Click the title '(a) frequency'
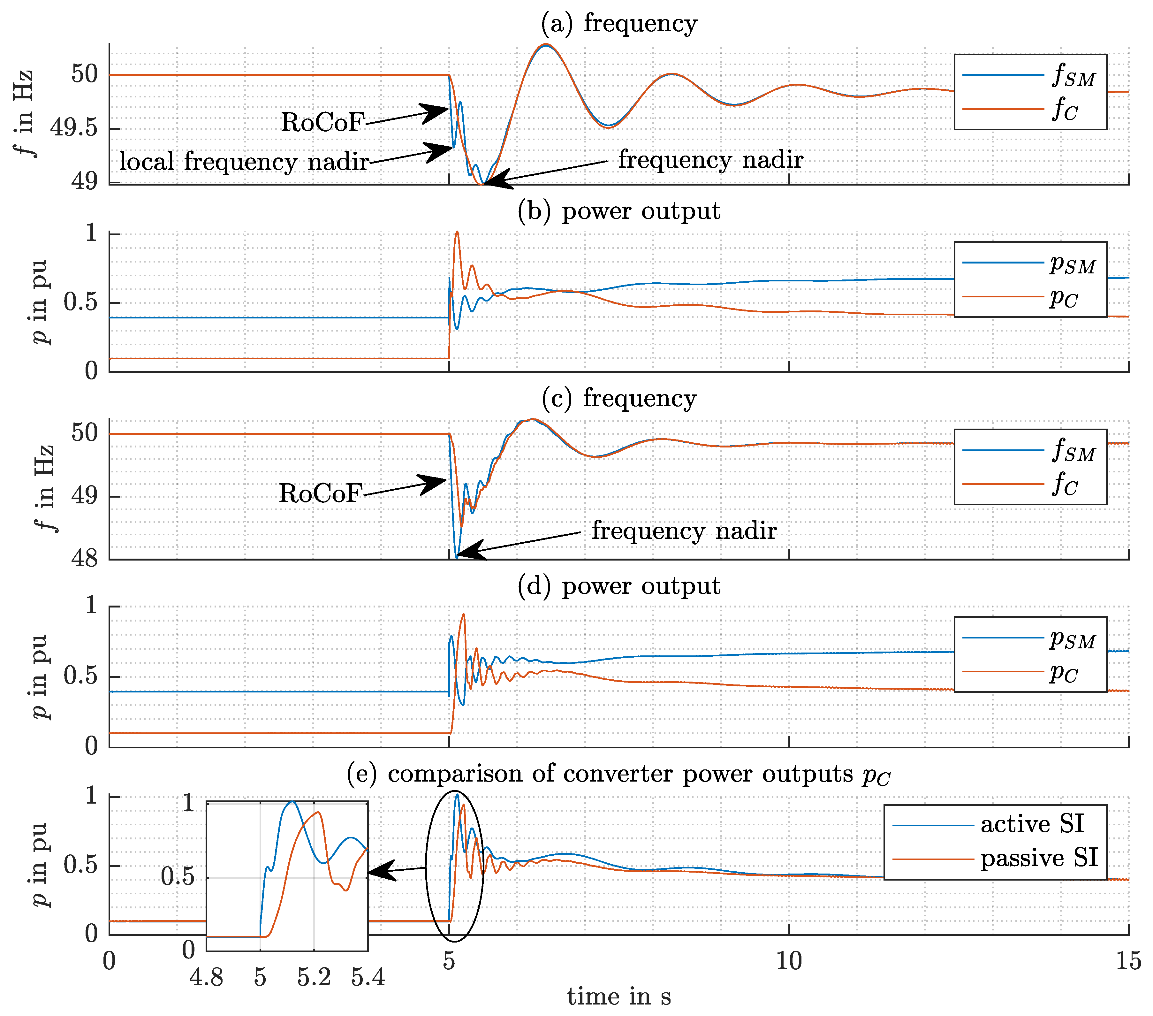click(619, 24)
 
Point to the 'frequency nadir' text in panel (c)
click(684, 531)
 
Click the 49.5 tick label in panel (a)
click(74, 128)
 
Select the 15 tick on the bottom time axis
click(1128, 960)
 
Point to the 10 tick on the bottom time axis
click(789, 960)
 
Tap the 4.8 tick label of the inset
click(207, 976)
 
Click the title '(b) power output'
click(619, 211)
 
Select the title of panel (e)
click(619, 774)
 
